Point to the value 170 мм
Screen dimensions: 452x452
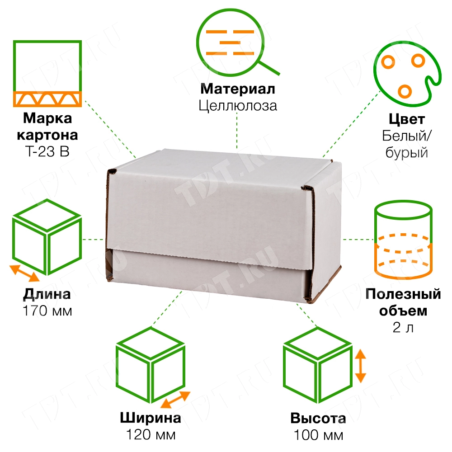point(47,311)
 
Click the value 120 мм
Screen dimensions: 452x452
point(151,435)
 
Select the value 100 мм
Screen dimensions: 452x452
point(318,435)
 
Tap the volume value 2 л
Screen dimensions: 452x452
point(403,327)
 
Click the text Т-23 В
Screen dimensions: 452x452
point(47,151)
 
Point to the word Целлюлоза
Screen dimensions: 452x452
point(238,106)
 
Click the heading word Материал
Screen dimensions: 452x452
point(238,89)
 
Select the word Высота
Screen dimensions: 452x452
point(318,418)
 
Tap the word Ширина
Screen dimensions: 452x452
point(151,418)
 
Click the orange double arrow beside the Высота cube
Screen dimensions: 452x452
point(360,366)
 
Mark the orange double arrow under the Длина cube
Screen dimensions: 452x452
point(24,273)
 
